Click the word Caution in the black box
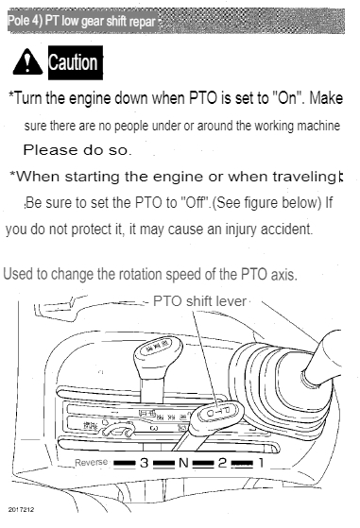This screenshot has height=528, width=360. click(x=68, y=63)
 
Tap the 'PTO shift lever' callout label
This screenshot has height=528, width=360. click(x=197, y=301)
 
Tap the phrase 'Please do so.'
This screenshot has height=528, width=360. click(x=77, y=149)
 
